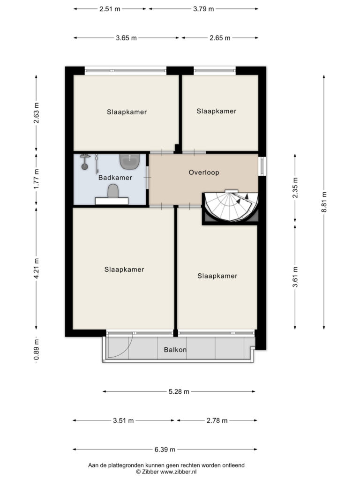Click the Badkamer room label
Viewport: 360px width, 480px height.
pyautogui.click(x=115, y=178)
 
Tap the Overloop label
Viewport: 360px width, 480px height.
pyautogui.click(x=204, y=172)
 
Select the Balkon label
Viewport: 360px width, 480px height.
pyautogui.click(x=175, y=350)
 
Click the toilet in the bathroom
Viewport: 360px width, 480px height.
pyautogui.click(x=112, y=191)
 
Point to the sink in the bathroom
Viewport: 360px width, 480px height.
pyautogui.click(x=130, y=161)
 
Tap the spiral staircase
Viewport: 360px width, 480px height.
pyautogui.click(x=231, y=206)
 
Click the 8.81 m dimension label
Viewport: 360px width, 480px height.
pyautogui.click(x=324, y=202)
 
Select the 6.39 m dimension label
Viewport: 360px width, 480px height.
pyautogui.click(x=165, y=450)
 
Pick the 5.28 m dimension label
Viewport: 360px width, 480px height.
pyautogui.click(x=179, y=391)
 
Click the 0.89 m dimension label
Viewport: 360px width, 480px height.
pyautogui.click(x=37, y=350)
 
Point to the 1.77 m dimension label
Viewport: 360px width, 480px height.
pyautogui.click(x=37, y=179)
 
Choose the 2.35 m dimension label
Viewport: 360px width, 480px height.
pyautogui.click(x=295, y=187)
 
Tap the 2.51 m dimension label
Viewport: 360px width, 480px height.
pyautogui.click(x=110, y=9)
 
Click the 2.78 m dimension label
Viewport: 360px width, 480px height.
pyautogui.click(x=217, y=420)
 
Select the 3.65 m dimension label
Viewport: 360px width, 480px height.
pyautogui.click(x=126, y=38)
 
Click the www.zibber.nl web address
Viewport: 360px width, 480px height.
pyautogui.click(x=178, y=472)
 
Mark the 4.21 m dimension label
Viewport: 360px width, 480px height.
pyautogui.click(x=37, y=269)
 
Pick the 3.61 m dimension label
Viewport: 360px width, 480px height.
pyautogui.click(x=295, y=277)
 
